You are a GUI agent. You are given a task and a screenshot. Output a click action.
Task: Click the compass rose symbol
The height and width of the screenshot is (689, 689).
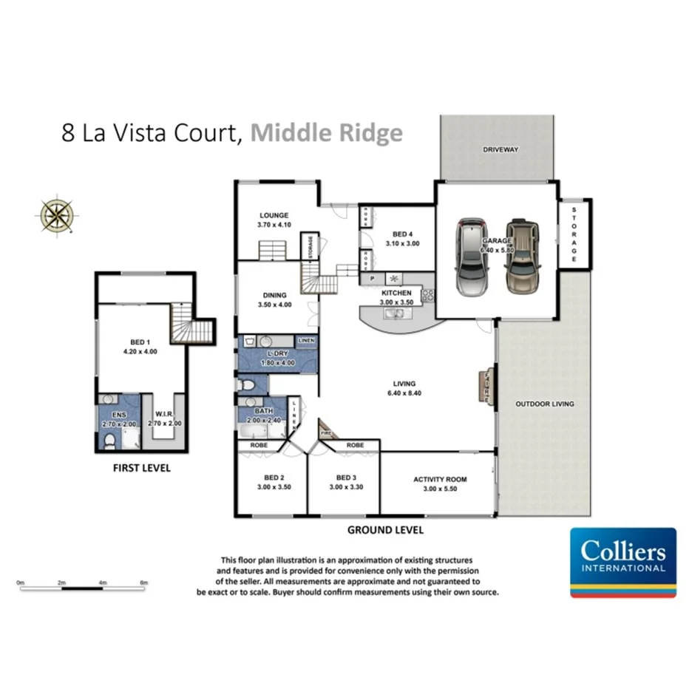56,215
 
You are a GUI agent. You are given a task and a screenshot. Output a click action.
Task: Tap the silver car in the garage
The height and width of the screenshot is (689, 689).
471,257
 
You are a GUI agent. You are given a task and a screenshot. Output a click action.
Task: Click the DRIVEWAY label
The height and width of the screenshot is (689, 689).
500,149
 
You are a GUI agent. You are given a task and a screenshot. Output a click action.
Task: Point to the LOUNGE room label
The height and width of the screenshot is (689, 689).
273,215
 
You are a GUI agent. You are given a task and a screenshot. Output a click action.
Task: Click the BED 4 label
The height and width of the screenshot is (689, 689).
403,234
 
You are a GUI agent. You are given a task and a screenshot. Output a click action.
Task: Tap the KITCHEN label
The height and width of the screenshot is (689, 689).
396,293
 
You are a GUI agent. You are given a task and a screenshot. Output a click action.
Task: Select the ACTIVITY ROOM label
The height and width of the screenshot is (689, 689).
440,479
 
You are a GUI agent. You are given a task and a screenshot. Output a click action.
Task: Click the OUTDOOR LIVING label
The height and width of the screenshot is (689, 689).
544,404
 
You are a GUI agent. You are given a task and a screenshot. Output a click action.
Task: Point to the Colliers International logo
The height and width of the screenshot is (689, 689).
623,562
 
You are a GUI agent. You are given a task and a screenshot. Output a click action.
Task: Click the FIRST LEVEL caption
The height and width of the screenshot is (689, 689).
141,468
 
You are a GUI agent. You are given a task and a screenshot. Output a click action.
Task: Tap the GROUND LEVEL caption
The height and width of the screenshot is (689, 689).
385,530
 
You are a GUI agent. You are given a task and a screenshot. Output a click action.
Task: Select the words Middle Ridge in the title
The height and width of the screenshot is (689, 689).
326,133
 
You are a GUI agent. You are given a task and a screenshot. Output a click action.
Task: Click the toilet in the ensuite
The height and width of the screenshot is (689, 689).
109,441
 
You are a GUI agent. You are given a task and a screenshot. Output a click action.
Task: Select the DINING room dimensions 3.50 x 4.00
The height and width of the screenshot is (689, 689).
273,305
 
